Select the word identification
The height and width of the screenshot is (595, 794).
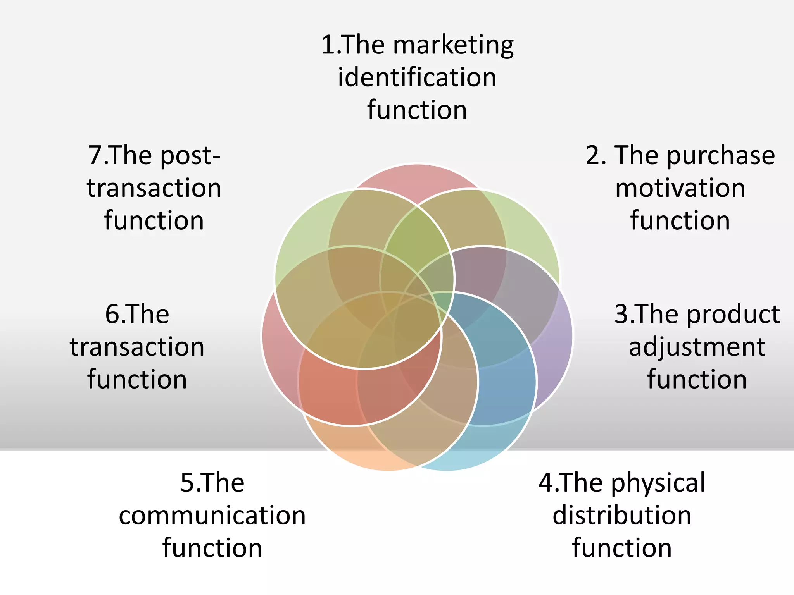(x=417, y=77)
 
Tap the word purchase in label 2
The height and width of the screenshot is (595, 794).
(x=721, y=156)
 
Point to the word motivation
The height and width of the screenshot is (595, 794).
(x=680, y=188)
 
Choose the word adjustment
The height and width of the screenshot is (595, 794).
(x=697, y=347)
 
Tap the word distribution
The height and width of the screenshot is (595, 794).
(x=622, y=516)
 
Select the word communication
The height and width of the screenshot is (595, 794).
(x=212, y=516)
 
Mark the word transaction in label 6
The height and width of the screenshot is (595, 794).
(x=137, y=347)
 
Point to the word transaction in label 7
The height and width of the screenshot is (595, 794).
(x=154, y=188)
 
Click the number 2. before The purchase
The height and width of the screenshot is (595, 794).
(x=596, y=156)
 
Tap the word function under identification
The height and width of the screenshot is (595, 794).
(x=417, y=110)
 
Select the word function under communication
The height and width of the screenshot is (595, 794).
(x=212, y=548)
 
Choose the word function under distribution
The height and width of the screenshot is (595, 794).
(x=622, y=548)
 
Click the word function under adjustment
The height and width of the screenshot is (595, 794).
(x=697, y=379)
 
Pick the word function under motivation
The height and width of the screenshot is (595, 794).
(x=680, y=221)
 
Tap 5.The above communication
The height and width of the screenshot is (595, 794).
(x=212, y=483)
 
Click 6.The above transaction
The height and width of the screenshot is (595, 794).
(x=137, y=314)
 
